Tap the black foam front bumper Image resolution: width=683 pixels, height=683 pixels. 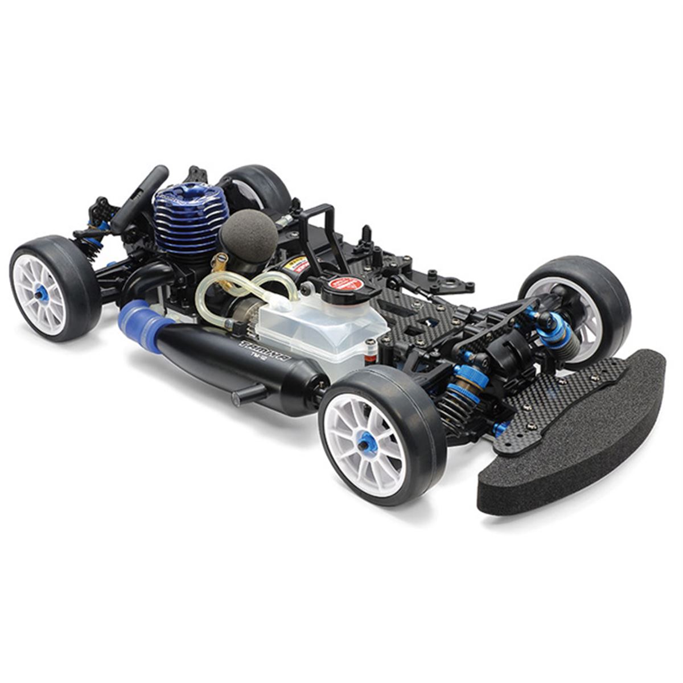point(575,444)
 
